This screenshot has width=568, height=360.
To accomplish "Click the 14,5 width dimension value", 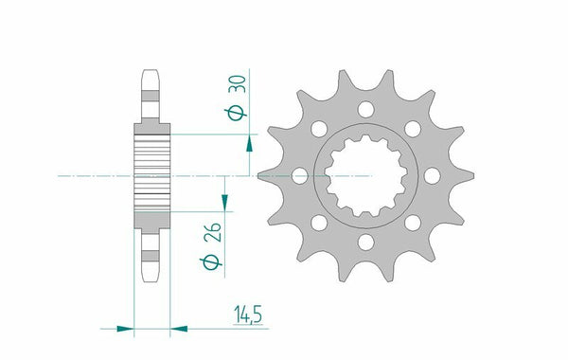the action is coord(248,314).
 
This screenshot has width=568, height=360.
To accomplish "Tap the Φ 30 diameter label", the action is coord(237,98).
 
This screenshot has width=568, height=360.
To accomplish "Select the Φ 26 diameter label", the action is coord(211,246).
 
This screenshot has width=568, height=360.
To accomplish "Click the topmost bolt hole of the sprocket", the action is coord(365,110).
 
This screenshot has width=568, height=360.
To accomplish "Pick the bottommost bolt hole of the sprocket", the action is coord(365,243).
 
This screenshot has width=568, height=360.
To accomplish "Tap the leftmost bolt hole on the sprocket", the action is coord(300,176).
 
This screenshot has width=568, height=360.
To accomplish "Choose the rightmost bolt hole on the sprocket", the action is coord(433,176).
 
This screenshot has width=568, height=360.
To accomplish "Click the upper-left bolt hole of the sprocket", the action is coord(319,129).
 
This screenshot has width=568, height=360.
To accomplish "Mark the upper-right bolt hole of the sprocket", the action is coord(413,129).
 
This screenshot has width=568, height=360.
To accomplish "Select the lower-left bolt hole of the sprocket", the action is coord(319,223).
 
